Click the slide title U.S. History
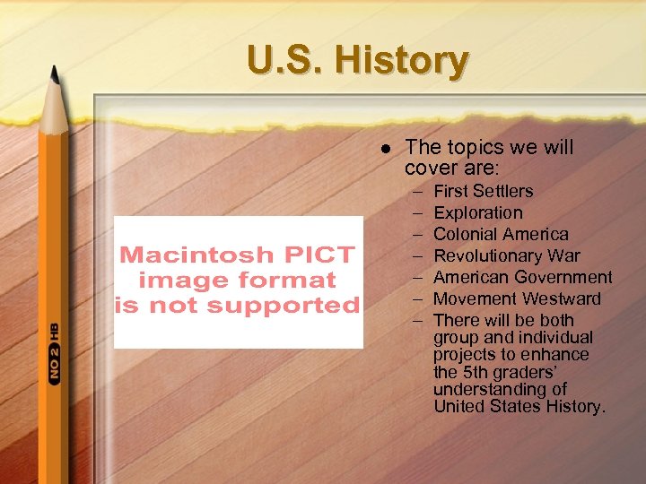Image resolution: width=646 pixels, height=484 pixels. [357, 61]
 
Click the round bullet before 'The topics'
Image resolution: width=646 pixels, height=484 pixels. [385, 148]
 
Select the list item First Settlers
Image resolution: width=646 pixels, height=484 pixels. [483, 191]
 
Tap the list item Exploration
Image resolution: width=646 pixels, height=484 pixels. [477, 212]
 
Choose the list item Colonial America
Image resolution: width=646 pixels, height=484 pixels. [501, 234]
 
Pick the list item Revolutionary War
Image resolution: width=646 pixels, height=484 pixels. [506, 255]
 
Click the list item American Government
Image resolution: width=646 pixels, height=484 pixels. [522, 277]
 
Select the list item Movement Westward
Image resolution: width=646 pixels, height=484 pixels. [517, 298]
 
